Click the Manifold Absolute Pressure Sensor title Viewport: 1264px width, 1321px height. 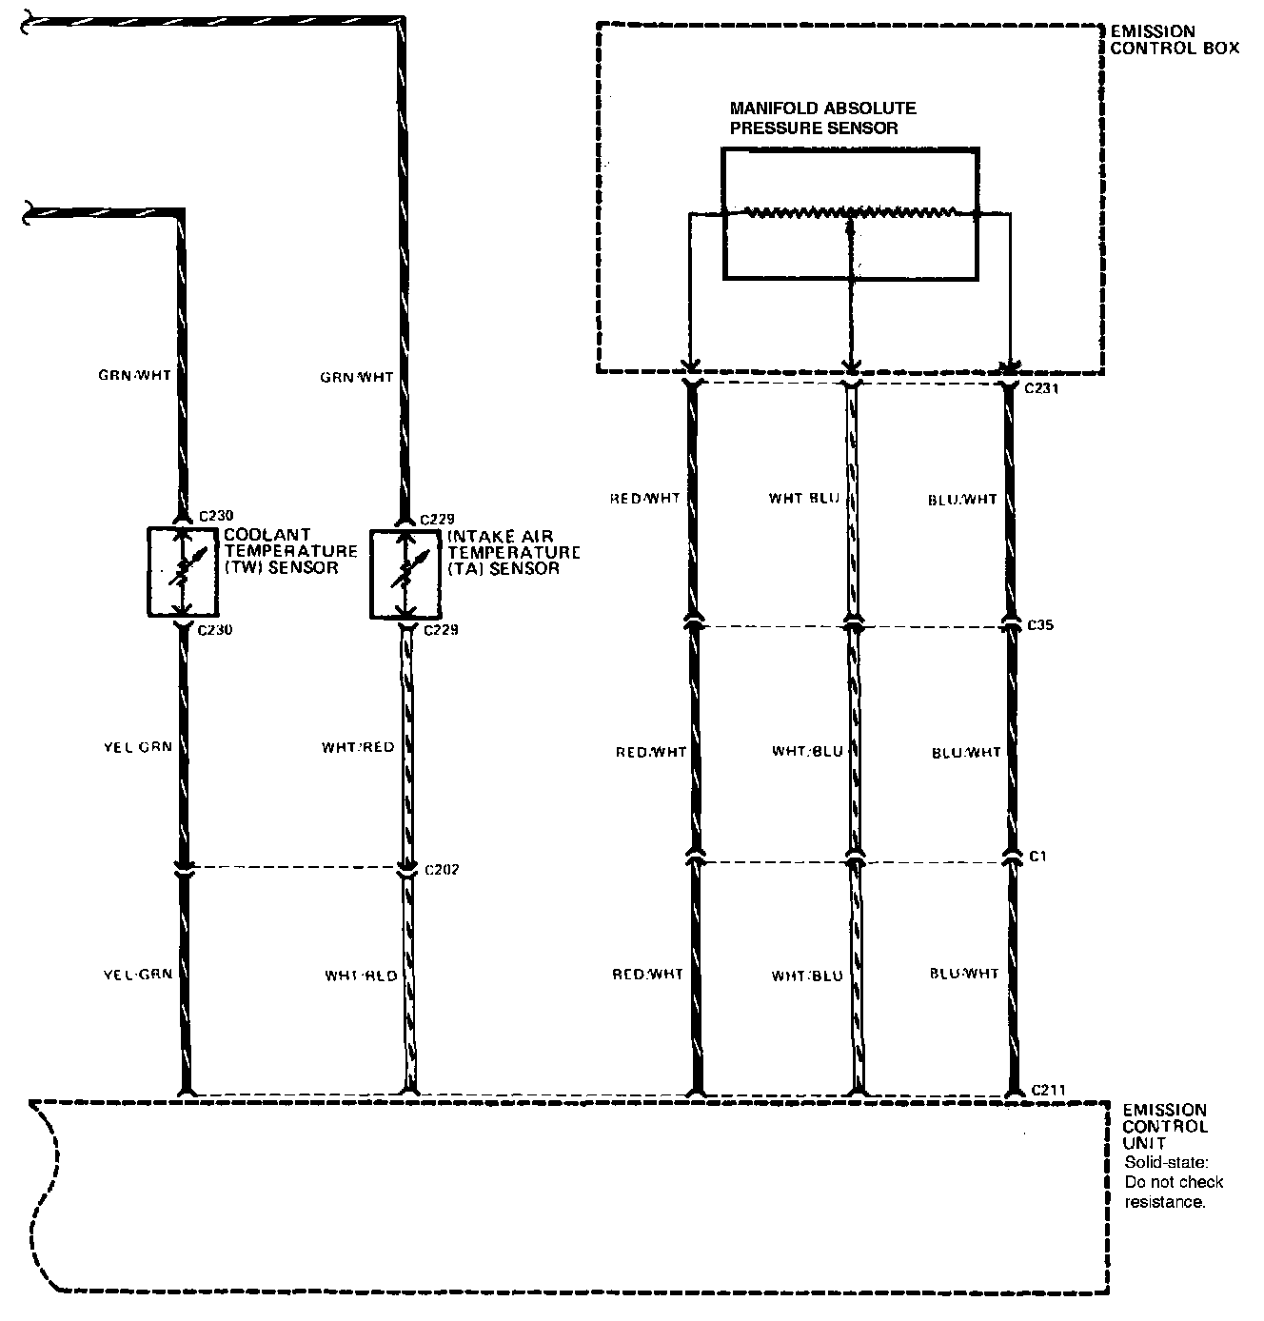tap(822, 118)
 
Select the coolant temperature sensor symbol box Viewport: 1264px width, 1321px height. tap(183, 571)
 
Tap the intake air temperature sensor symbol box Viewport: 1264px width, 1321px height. tap(405, 575)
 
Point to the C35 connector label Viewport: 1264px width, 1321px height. tap(1042, 625)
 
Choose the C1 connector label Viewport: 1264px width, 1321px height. tap(1038, 857)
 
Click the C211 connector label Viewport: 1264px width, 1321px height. tap(1047, 1090)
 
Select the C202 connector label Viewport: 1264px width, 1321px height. tap(442, 869)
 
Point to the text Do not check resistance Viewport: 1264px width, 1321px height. tap(1174, 1193)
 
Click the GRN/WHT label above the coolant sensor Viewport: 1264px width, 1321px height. tap(134, 375)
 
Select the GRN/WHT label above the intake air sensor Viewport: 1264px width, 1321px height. tap(357, 377)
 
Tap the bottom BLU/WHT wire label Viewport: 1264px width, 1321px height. tap(964, 974)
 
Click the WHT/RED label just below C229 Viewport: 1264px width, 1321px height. tap(358, 747)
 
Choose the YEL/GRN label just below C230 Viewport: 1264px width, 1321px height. tap(137, 746)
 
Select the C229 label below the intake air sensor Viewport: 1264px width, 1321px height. tap(441, 629)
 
